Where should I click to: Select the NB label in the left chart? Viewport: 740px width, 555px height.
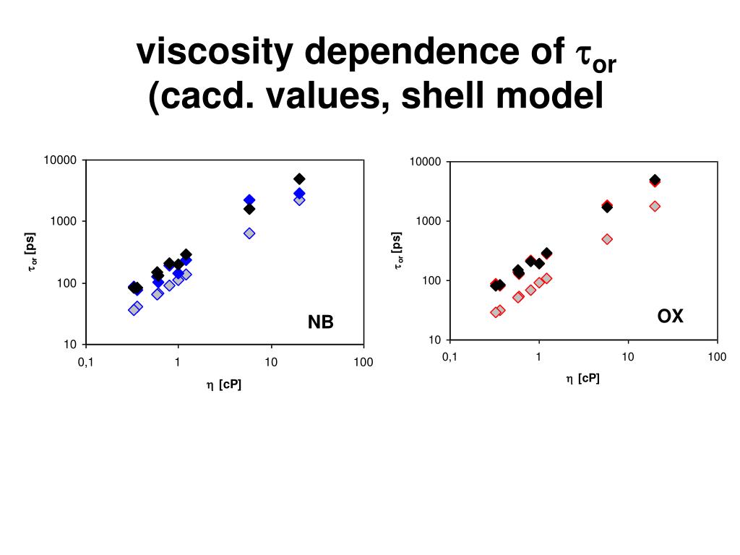point(321,322)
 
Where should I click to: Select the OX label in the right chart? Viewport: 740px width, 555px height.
point(670,316)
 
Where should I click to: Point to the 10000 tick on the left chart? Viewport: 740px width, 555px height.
point(61,160)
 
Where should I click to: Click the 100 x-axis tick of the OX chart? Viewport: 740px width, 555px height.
point(717,357)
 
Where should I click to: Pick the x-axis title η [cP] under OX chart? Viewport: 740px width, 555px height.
point(582,379)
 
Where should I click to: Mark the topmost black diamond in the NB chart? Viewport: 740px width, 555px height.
point(299,178)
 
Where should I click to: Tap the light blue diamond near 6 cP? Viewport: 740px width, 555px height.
point(249,233)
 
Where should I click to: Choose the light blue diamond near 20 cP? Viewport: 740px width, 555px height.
point(299,199)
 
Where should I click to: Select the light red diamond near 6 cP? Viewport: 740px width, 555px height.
point(607,239)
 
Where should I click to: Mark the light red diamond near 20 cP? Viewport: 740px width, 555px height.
point(655,206)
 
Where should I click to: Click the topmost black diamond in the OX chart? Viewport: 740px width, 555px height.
point(655,179)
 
